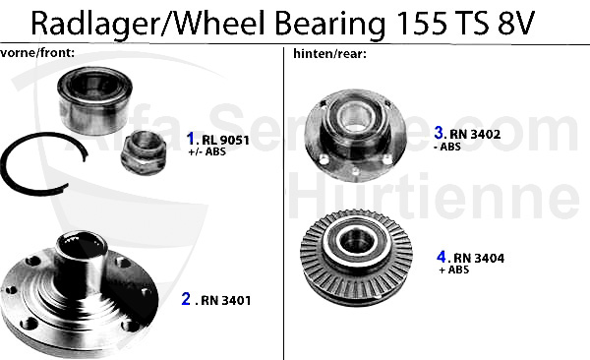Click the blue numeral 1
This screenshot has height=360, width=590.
[190, 140]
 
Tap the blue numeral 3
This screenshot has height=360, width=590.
[439, 132]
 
